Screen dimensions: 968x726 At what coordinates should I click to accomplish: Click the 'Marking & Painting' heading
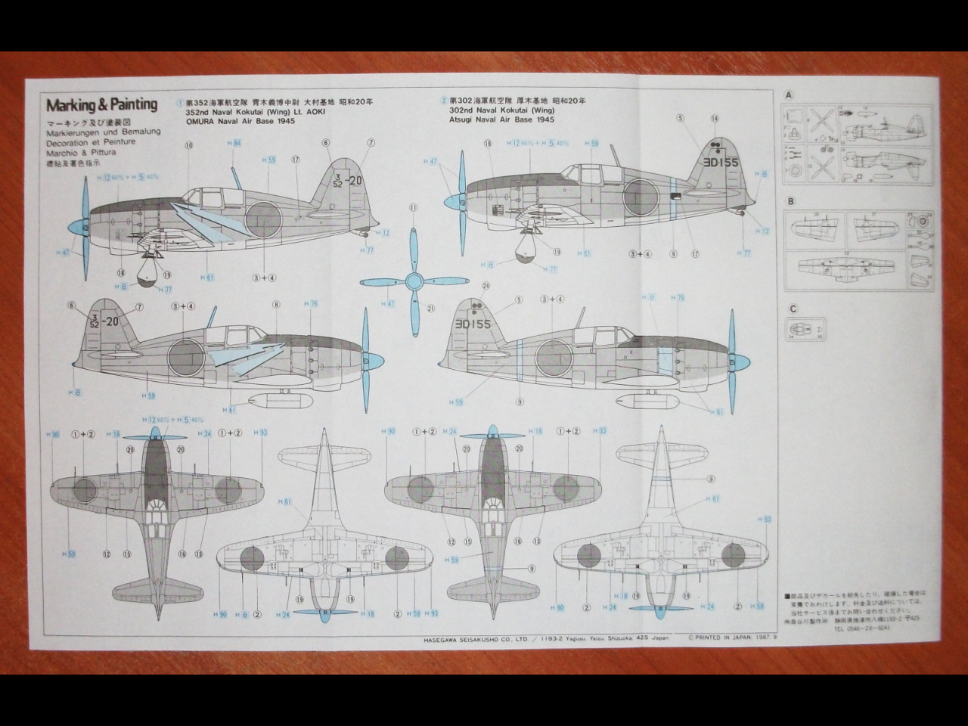point(101,104)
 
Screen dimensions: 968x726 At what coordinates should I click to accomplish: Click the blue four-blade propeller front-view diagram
point(412,282)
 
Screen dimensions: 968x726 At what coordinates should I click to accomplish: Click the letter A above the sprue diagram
point(790,95)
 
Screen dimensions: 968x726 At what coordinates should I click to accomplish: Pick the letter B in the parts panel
point(790,202)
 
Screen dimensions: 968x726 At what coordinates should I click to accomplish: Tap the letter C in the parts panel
point(792,309)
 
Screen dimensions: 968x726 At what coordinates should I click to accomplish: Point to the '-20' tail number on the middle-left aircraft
point(112,321)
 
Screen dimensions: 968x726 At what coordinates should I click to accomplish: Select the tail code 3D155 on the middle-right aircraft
point(473,324)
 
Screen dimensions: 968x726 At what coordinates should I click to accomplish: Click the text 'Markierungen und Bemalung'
point(103,132)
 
